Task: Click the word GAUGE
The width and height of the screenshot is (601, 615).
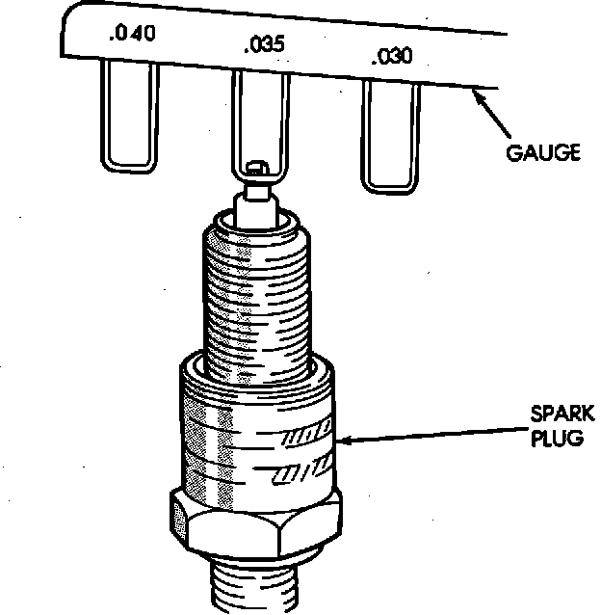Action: click(x=543, y=153)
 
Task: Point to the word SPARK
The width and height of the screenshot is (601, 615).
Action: click(x=562, y=415)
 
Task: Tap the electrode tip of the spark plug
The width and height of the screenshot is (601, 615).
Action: click(x=255, y=172)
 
